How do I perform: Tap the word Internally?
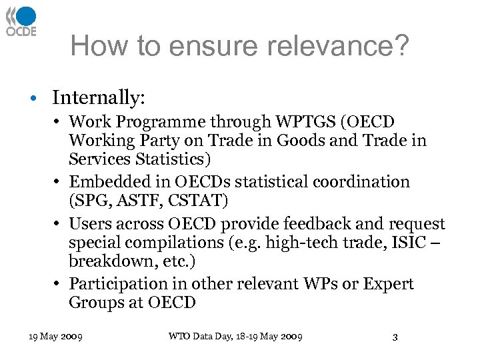(98, 98)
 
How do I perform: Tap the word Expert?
(388, 283)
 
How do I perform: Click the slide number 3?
(395, 337)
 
